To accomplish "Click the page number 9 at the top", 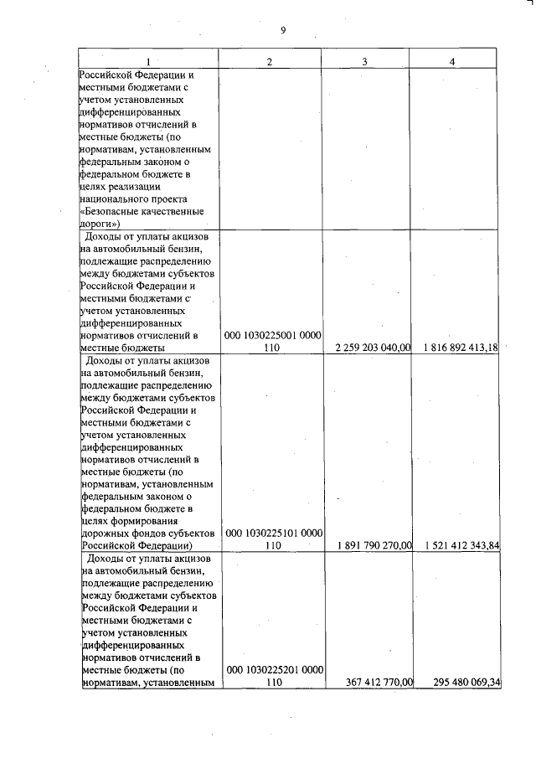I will [x=283, y=31].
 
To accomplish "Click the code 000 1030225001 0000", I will [x=273, y=335].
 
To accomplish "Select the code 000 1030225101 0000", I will [x=273, y=533].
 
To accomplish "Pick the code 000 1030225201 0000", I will [x=273, y=670].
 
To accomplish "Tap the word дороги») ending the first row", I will [x=101, y=224].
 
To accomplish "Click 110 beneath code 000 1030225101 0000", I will [x=273, y=546].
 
